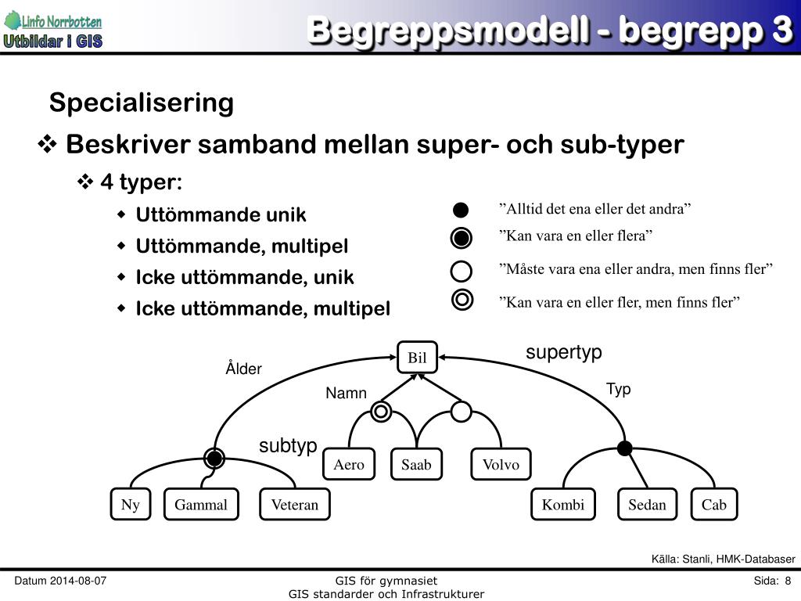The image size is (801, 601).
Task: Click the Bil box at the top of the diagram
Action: pyautogui.click(x=417, y=358)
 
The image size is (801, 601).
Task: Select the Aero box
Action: pyautogui.click(x=349, y=464)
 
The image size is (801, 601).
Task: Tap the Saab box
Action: pyautogui.click(x=416, y=464)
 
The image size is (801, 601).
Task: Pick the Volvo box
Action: pyautogui.click(x=501, y=464)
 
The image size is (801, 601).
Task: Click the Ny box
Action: pyautogui.click(x=130, y=505)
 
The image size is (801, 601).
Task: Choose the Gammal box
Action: pyautogui.click(x=201, y=505)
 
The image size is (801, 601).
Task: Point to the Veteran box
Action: pyautogui.click(x=295, y=505)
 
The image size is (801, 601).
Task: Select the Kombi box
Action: pyautogui.click(x=563, y=505)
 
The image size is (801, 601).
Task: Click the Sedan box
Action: pyautogui.click(x=647, y=505)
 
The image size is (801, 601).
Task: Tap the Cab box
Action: pyautogui.click(x=713, y=505)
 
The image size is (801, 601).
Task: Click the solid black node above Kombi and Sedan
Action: pyautogui.click(x=624, y=448)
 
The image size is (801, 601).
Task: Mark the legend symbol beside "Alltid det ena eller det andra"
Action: pyautogui.click(x=462, y=210)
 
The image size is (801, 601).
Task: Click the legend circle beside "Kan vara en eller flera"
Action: pyautogui.click(x=462, y=237)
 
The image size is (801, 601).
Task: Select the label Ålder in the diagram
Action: pyautogui.click(x=243, y=369)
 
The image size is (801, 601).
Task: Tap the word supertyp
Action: pyautogui.click(x=563, y=352)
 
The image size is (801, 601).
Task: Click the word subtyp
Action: pyautogui.click(x=288, y=446)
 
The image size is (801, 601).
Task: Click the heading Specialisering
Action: pyautogui.click(x=142, y=103)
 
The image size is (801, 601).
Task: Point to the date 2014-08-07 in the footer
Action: pyautogui.click(x=78, y=581)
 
